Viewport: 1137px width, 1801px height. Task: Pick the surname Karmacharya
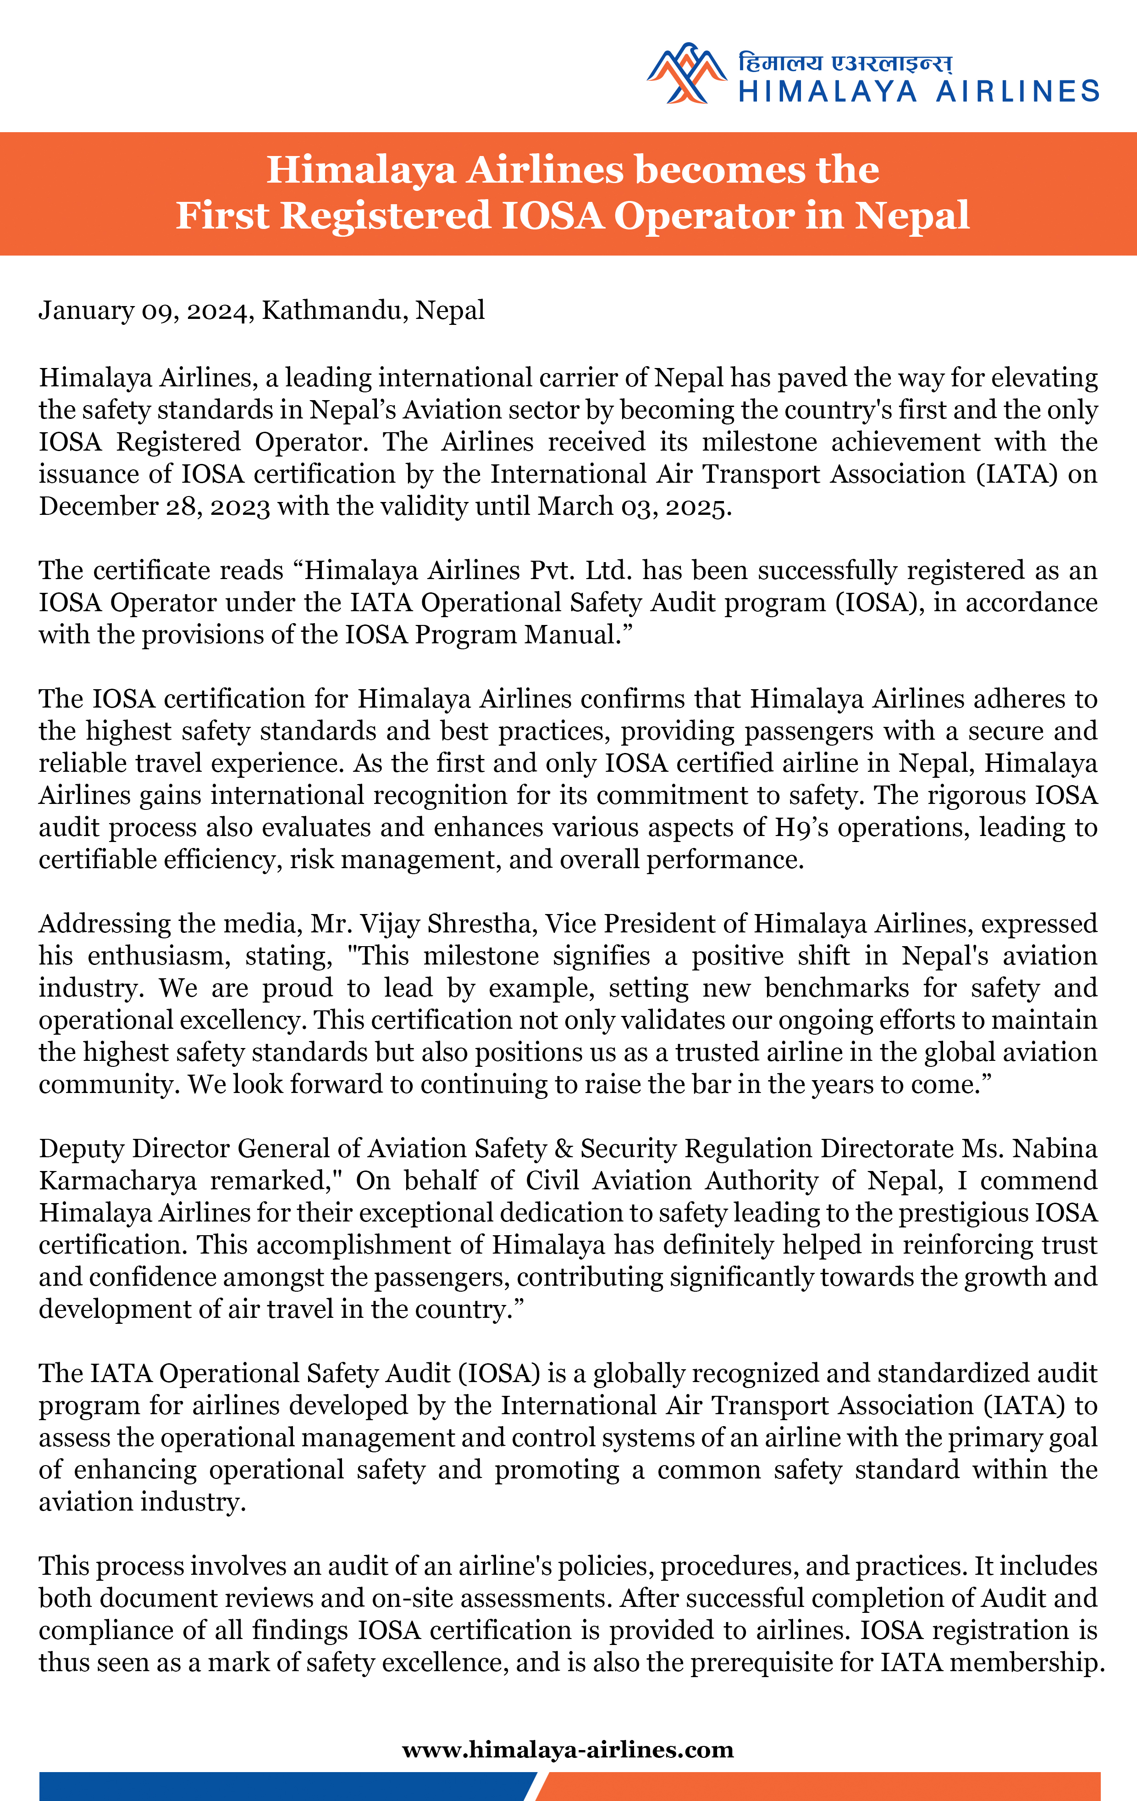click(x=117, y=1180)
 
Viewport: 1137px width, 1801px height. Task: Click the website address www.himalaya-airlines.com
click(x=568, y=1750)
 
